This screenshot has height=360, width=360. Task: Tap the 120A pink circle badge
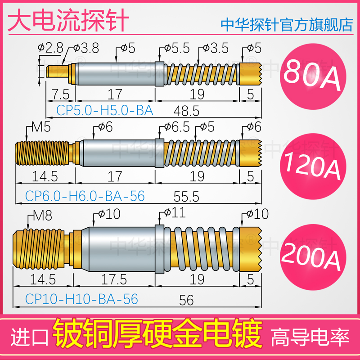click(x=310, y=166)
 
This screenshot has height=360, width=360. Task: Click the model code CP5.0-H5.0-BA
click(x=105, y=110)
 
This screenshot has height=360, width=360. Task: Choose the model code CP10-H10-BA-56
click(x=75, y=299)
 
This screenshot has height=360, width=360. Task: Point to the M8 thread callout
click(x=42, y=216)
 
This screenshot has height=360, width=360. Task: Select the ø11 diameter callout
click(x=173, y=212)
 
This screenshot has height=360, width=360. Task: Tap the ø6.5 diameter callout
click(x=173, y=127)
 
